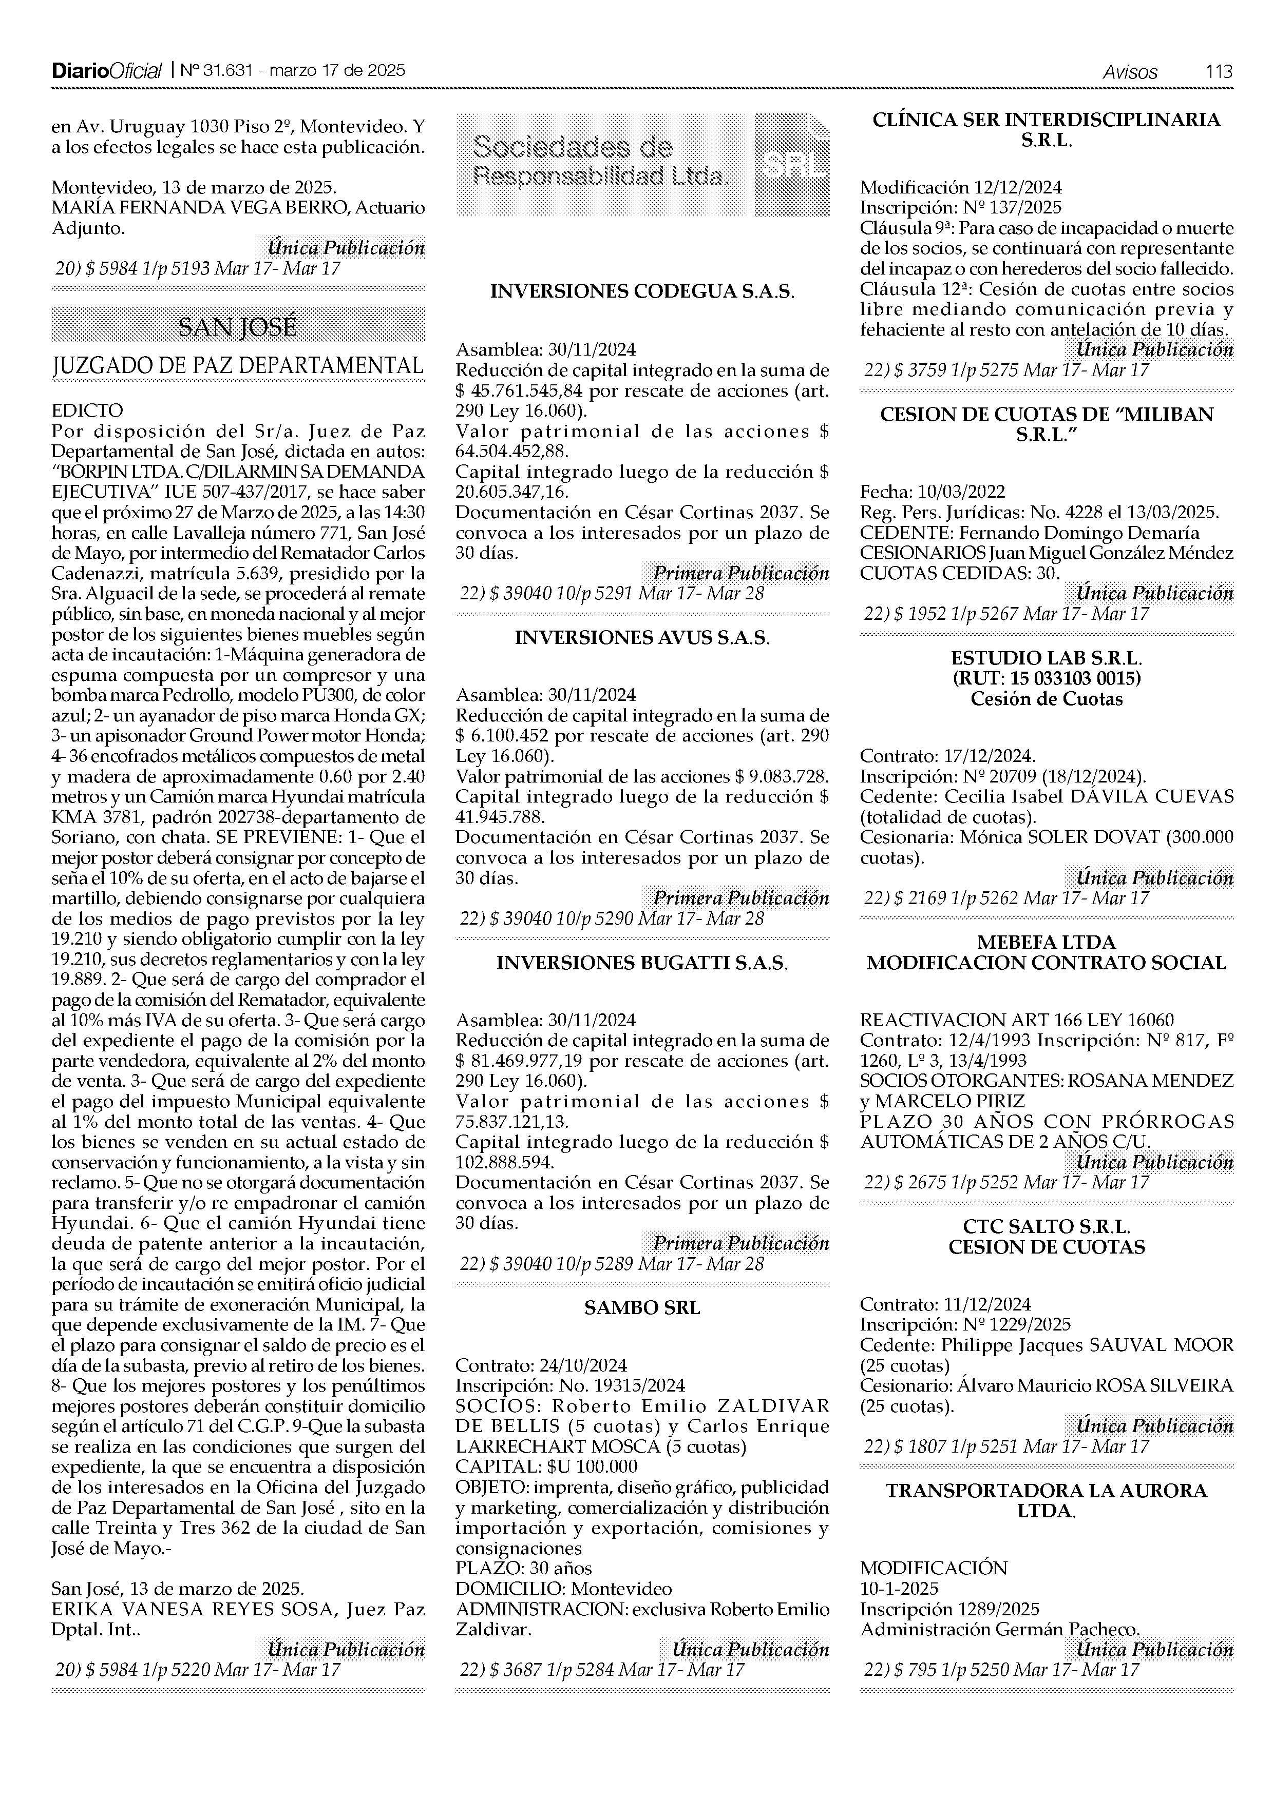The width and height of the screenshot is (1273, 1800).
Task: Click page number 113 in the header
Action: click(1219, 71)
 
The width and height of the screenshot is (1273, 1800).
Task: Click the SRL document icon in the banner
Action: click(791, 164)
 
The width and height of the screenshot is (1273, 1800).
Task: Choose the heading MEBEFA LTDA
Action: click(1047, 943)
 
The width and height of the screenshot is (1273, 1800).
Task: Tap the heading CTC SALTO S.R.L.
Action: click(1047, 1227)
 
